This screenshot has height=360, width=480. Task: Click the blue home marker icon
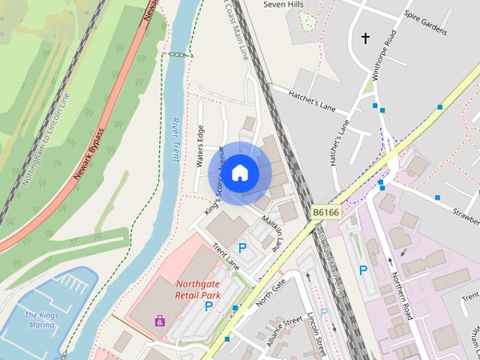[239, 172]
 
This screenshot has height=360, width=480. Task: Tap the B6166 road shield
[326, 213]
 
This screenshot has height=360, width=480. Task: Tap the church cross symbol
[366, 37]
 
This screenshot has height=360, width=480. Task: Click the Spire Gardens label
[424, 25]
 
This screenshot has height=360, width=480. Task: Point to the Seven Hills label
[284, 4]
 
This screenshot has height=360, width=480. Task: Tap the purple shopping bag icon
[160, 320]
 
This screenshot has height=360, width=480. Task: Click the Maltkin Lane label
[271, 232]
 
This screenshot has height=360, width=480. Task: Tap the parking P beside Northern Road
[363, 270]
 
